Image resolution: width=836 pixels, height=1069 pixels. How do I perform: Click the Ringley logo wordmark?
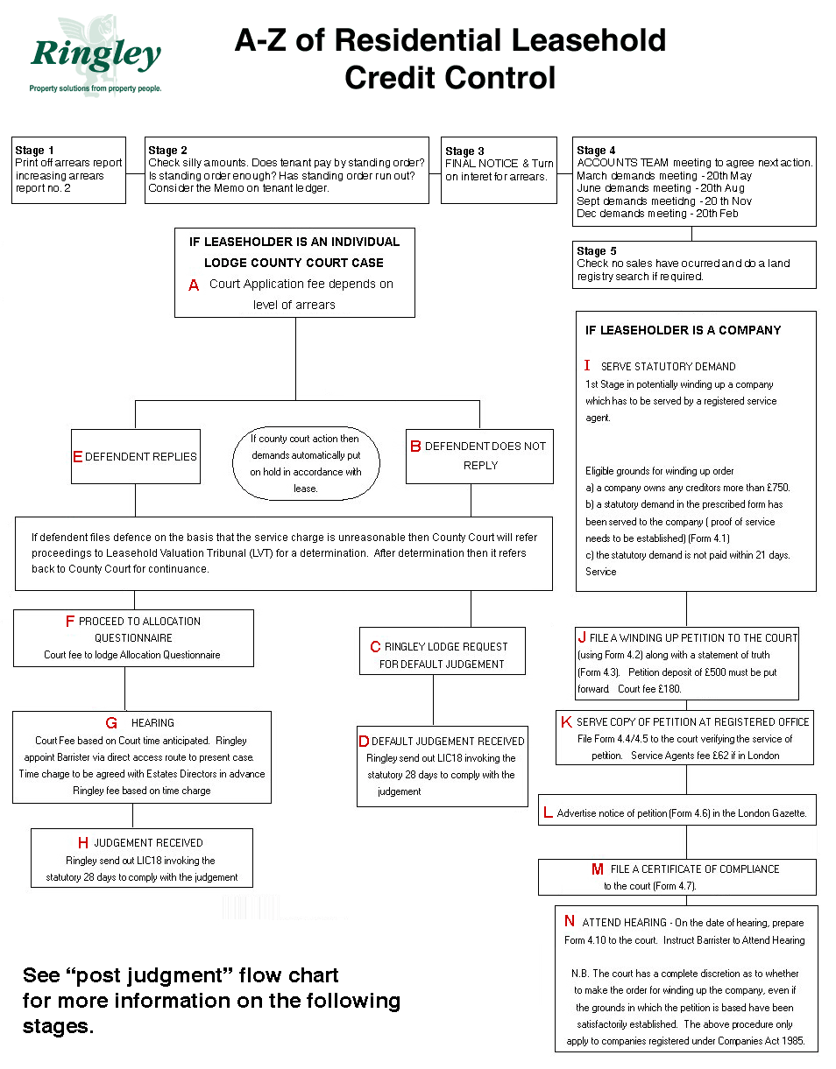96,55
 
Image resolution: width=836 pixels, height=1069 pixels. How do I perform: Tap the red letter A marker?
194,285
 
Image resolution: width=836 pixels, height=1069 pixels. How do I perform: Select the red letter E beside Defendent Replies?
77,456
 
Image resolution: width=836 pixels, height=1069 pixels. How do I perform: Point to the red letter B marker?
415,447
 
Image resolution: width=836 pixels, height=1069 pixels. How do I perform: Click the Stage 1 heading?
34,150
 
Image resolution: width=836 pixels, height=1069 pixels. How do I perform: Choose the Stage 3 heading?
464,151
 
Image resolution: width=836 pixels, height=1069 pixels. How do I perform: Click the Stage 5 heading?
596,251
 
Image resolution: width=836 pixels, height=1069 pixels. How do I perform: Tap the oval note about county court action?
306,463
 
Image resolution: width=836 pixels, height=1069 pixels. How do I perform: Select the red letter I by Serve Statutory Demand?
587,365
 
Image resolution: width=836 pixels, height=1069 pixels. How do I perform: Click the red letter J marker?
582,637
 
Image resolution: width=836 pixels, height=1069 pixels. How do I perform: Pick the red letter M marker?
598,869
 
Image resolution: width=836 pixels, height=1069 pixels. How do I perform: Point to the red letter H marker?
83,843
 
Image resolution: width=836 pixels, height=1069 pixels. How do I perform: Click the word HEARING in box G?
152,722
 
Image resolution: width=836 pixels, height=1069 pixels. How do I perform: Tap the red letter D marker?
364,741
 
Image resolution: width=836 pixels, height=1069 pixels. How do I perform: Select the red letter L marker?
548,812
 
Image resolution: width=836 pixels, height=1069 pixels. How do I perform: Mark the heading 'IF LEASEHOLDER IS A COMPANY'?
683,330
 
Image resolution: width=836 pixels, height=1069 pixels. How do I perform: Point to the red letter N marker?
569,920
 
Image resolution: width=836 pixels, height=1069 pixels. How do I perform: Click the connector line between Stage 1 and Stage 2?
136,173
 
